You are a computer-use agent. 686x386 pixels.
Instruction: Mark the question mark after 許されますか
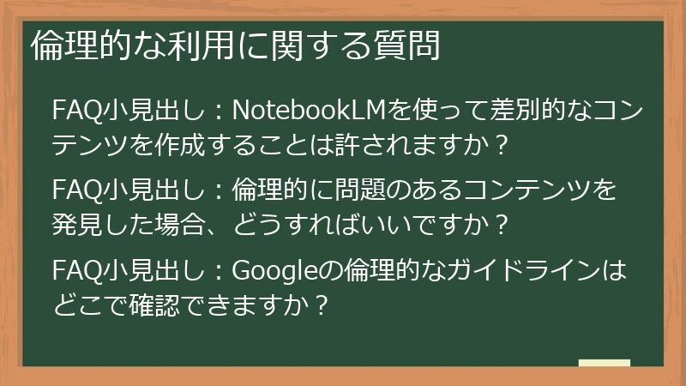(x=502, y=143)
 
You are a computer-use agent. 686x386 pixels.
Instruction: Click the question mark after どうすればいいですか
(x=502, y=225)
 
